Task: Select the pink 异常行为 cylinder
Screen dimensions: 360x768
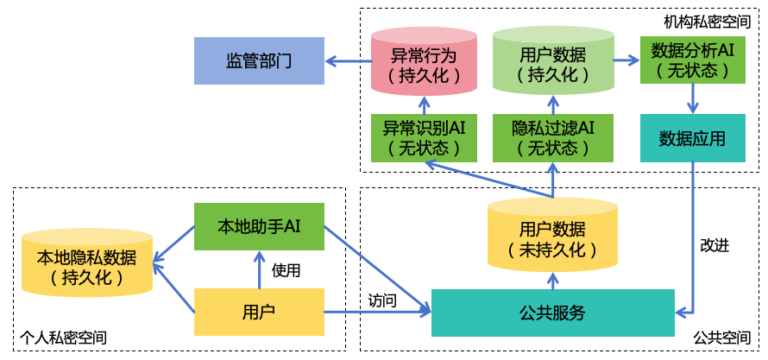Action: point(424,62)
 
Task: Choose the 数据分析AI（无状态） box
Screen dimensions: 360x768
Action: point(691,60)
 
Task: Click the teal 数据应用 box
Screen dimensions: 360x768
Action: point(691,138)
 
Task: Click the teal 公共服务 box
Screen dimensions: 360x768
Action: point(553,313)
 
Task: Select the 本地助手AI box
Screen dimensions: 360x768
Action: point(259,227)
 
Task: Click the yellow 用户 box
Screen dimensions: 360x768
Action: point(259,312)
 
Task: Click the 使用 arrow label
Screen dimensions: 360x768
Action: point(286,270)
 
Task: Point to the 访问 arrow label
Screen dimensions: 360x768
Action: point(382,300)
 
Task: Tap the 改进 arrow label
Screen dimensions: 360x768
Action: point(714,245)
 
